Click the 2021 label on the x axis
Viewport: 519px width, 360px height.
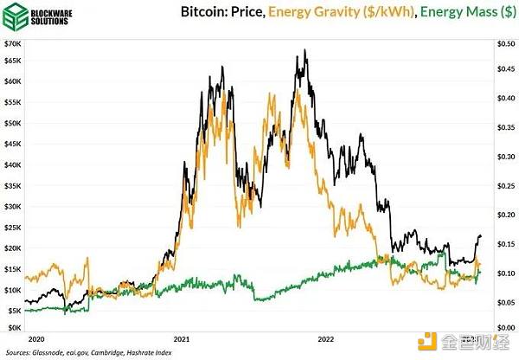pos(183,338)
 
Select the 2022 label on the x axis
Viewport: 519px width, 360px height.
pos(327,338)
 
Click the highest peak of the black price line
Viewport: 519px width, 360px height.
pos(304,50)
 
